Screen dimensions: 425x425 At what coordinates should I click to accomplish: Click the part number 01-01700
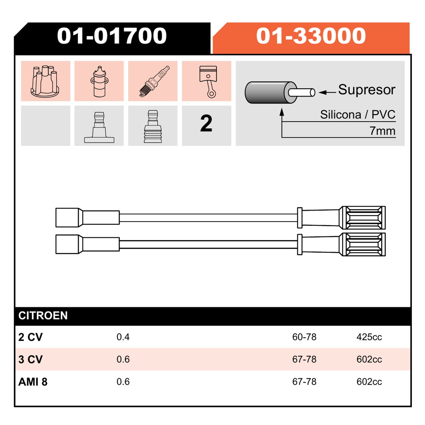pyautogui.click(x=111, y=36)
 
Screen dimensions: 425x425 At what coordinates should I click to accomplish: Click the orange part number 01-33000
pyautogui.click(x=311, y=36)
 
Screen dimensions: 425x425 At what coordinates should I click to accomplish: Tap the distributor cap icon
pyautogui.click(x=46, y=81)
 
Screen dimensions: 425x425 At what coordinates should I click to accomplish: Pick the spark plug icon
pyautogui.click(x=154, y=81)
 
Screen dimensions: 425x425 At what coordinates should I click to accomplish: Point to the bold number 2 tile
pyautogui.click(x=206, y=124)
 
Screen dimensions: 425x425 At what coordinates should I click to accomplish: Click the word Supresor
pyautogui.click(x=366, y=90)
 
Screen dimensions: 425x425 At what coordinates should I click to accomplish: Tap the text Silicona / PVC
pyautogui.click(x=358, y=114)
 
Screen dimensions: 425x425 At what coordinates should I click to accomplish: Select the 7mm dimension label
pyautogui.click(x=382, y=131)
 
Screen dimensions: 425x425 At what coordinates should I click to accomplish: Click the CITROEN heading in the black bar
pyautogui.click(x=43, y=315)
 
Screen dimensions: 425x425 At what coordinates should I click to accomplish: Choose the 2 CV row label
pyautogui.click(x=30, y=337)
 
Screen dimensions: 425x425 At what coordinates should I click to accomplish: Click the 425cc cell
pyautogui.click(x=369, y=337)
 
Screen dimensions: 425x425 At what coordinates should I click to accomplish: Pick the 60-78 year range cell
pyautogui.click(x=304, y=337)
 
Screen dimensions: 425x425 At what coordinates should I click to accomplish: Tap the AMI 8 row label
pyautogui.click(x=33, y=382)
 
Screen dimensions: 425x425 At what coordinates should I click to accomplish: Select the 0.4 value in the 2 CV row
pyautogui.click(x=123, y=337)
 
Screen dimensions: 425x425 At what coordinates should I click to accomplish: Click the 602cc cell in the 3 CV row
pyautogui.click(x=369, y=360)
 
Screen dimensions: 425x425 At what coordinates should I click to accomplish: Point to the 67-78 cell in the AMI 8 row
pyautogui.click(x=304, y=382)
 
